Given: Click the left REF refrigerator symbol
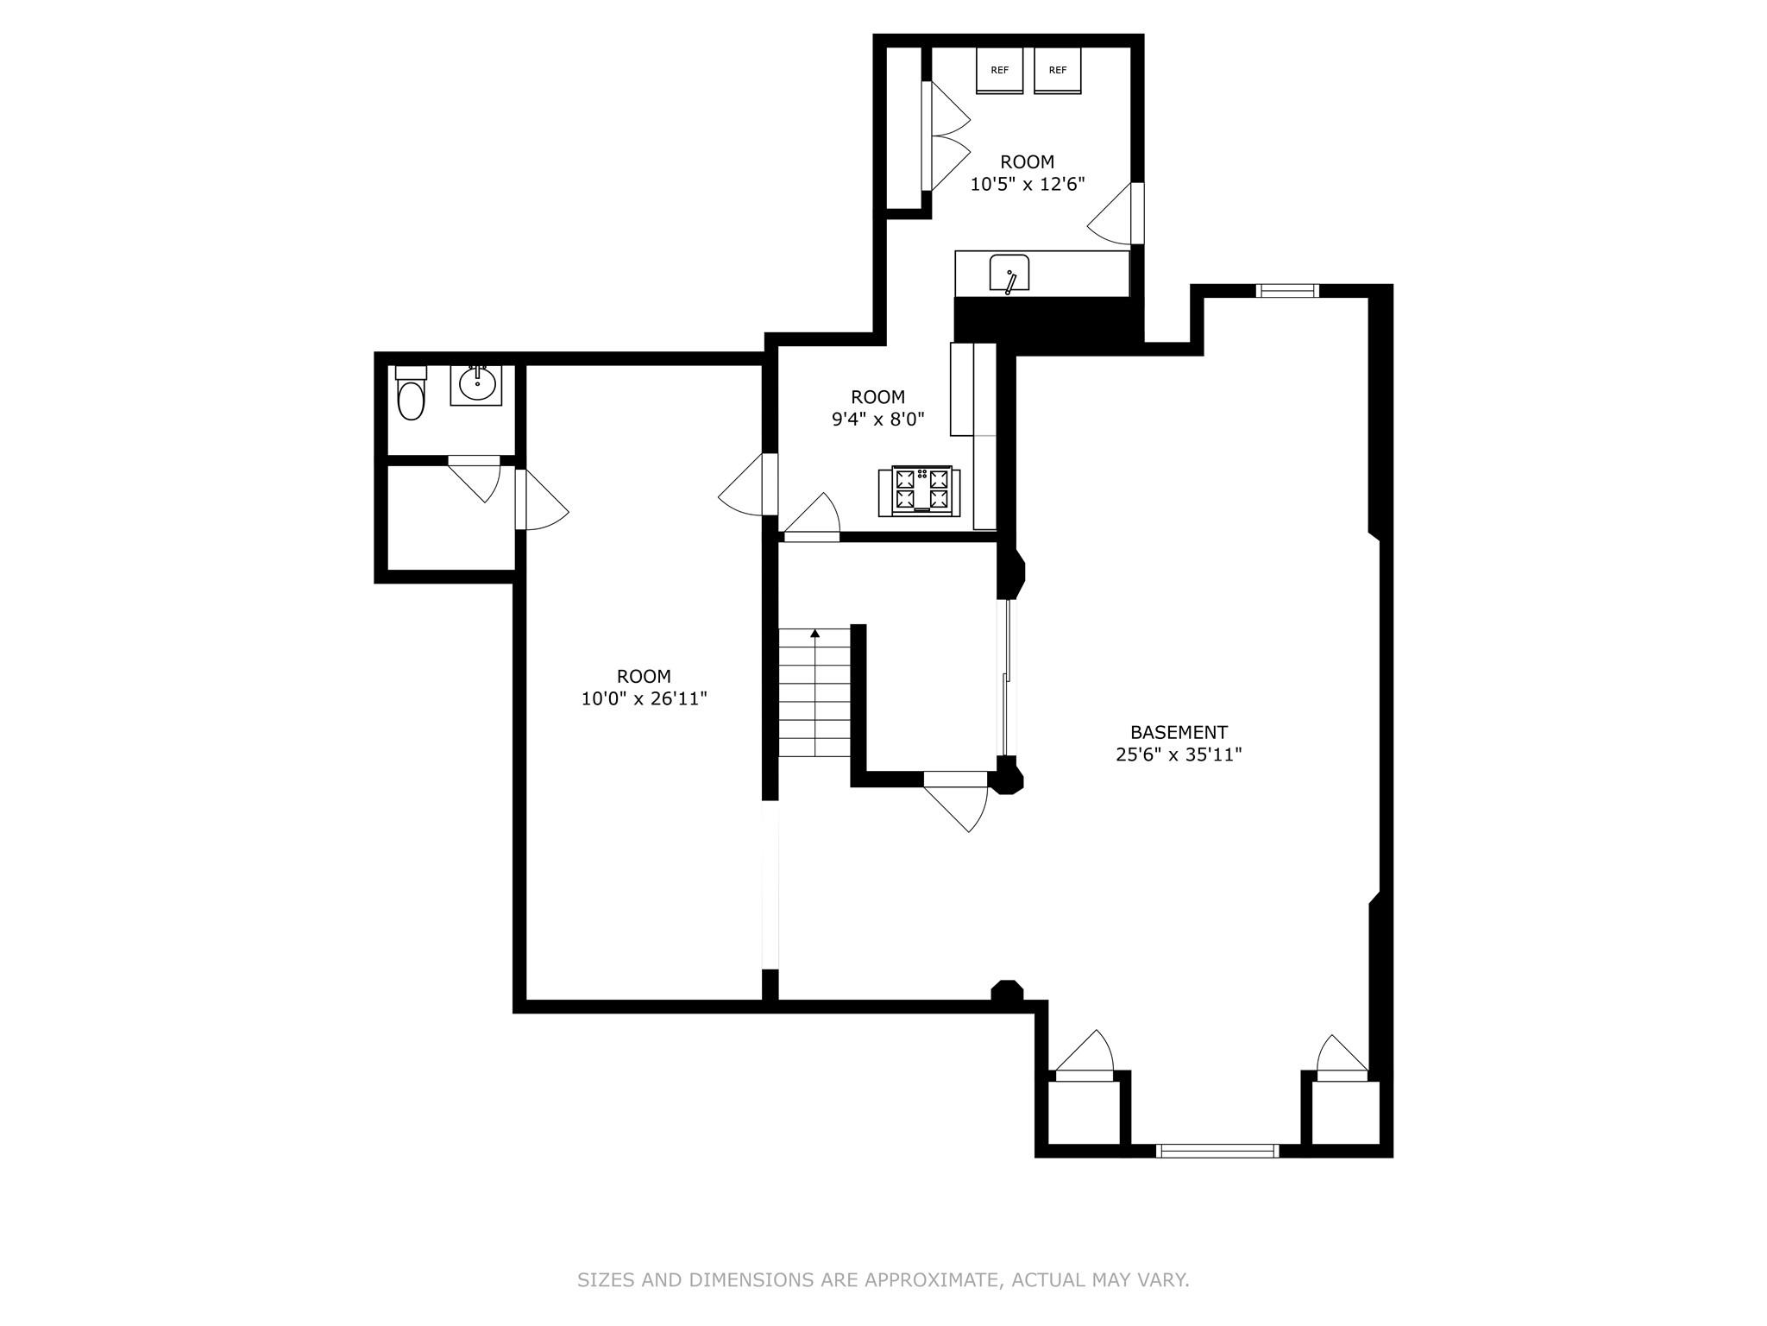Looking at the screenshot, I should click(x=999, y=71).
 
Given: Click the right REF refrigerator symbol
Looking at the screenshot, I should click(x=1058, y=71).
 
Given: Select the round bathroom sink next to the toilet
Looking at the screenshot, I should click(x=476, y=384).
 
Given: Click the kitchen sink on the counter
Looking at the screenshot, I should click(x=1009, y=274).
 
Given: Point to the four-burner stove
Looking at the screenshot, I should click(x=921, y=491).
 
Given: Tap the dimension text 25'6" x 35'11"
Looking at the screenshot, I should click(x=1179, y=755).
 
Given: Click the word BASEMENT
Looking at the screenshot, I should click(x=1179, y=732).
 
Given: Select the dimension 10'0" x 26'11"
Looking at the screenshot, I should click(x=644, y=698).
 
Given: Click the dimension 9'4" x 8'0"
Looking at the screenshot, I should click(x=877, y=420).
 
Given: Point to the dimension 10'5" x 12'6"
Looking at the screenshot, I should click(x=1027, y=184).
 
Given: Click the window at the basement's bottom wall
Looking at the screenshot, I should click(x=1217, y=1150).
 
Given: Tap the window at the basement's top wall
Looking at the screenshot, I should click(x=1287, y=291).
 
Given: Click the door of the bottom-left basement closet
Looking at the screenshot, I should click(x=1085, y=1057).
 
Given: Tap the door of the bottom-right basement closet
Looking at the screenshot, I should click(x=1341, y=1058).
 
